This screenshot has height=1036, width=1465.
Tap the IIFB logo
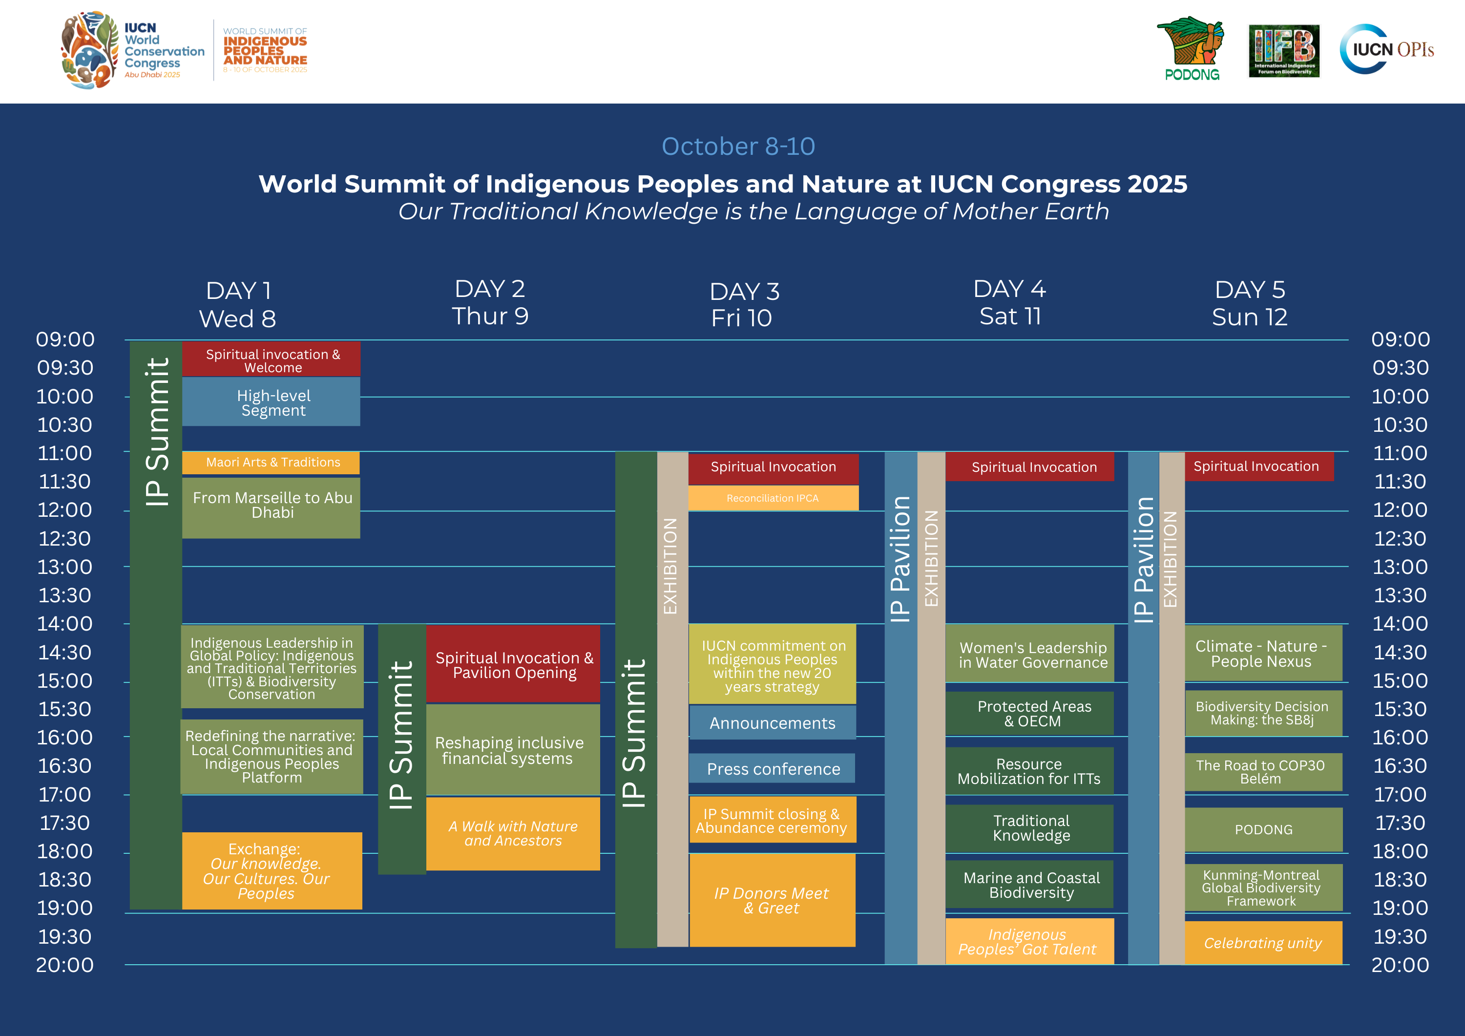[1284, 51]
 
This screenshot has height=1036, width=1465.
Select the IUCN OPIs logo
[1386, 49]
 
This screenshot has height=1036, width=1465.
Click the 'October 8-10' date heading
[738, 146]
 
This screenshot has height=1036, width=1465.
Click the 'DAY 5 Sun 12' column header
[1249, 303]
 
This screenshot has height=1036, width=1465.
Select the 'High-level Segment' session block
[271, 402]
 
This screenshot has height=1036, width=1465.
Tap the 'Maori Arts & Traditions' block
[271, 462]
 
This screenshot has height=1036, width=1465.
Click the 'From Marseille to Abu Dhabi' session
[271, 508]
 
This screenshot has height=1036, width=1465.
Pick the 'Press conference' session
[772, 768]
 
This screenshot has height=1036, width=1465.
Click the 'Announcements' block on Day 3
[773, 722]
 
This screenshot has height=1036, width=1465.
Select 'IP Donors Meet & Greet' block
[772, 900]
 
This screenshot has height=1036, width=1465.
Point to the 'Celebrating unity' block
[1263, 943]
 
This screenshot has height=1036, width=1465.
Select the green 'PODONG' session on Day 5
[1263, 830]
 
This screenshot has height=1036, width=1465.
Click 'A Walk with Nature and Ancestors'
[513, 834]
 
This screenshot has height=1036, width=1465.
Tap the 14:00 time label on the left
[64, 624]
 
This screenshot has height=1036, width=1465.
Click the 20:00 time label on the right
[1401, 965]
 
